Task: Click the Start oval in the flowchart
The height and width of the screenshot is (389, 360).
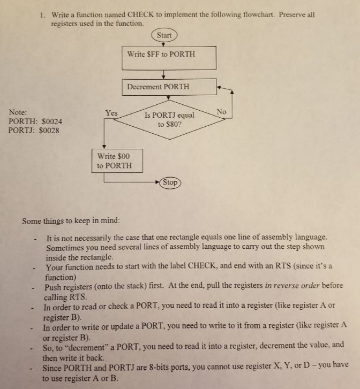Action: [164, 35]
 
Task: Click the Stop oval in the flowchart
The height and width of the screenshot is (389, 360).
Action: [170, 182]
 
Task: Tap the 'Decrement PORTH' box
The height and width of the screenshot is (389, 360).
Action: [169, 86]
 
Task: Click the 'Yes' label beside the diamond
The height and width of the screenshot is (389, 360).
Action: [111, 113]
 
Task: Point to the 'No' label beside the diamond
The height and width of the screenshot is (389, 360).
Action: [222, 111]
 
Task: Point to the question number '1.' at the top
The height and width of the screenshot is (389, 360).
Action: [43, 14]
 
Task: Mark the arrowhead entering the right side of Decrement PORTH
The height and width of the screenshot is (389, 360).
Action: [219, 86]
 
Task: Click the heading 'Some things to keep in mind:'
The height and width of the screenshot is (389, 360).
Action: [71, 220]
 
